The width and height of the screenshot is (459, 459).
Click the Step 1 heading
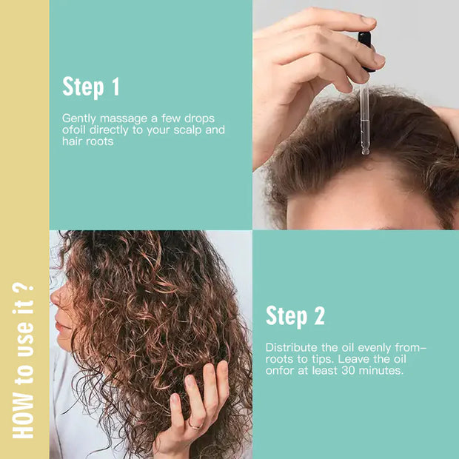point(91,87)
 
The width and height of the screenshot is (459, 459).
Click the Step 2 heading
point(295,316)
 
